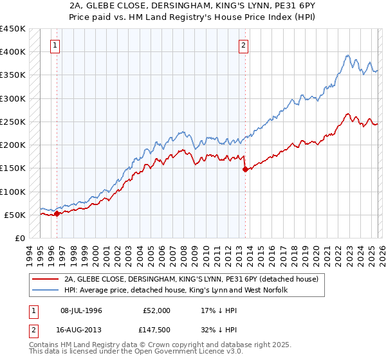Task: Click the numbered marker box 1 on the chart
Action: pyautogui.click(x=57, y=45)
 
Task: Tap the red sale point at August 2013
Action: pyautogui.click(x=245, y=170)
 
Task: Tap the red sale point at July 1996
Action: pyautogui.click(x=57, y=214)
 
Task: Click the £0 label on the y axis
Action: pyautogui.click(x=19, y=238)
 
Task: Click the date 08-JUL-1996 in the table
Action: pyautogui.click(x=82, y=310)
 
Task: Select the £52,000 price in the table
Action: pyautogui.click(x=156, y=310)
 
